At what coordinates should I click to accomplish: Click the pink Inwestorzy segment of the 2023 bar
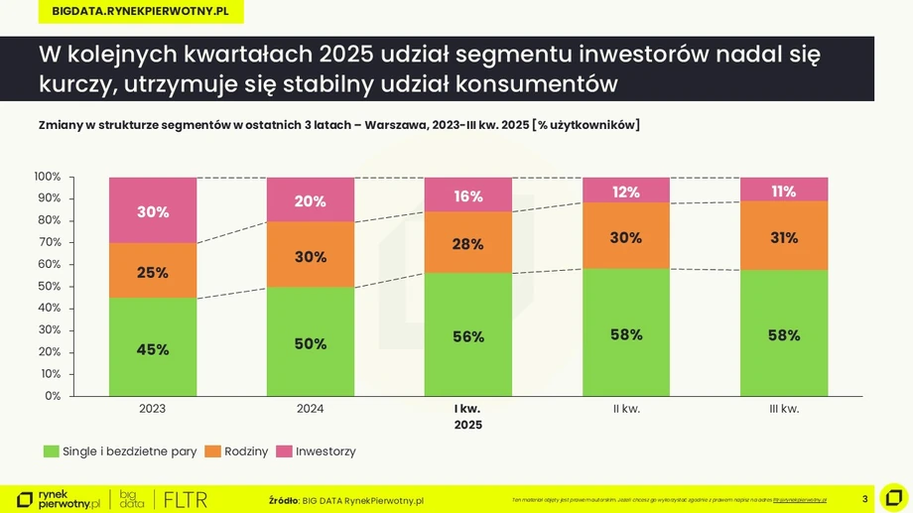pyautogui.click(x=153, y=210)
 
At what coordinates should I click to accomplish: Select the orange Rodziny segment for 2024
pyautogui.click(x=311, y=255)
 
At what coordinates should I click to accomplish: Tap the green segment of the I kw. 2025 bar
pyautogui.click(x=468, y=334)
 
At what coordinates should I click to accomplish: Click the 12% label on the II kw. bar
pyautogui.click(x=626, y=192)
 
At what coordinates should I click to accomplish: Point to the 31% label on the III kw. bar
pyautogui.click(x=784, y=238)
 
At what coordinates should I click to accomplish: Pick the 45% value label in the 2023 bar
pyautogui.click(x=153, y=349)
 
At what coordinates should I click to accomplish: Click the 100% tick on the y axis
pyautogui.click(x=48, y=177)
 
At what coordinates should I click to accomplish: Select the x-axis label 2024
pyautogui.click(x=311, y=409)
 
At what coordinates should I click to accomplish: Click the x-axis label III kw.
pyautogui.click(x=784, y=409)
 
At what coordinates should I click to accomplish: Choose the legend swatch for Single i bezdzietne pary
pyautogui.click(x=52, y=451)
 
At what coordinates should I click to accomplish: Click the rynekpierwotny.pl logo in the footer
pyautogui.click(x=59, y=499)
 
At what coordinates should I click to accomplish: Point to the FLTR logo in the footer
pyautogui.click(x=186, y=499)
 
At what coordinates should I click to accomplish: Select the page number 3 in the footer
pyautogui.click(x=865, y=499)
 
